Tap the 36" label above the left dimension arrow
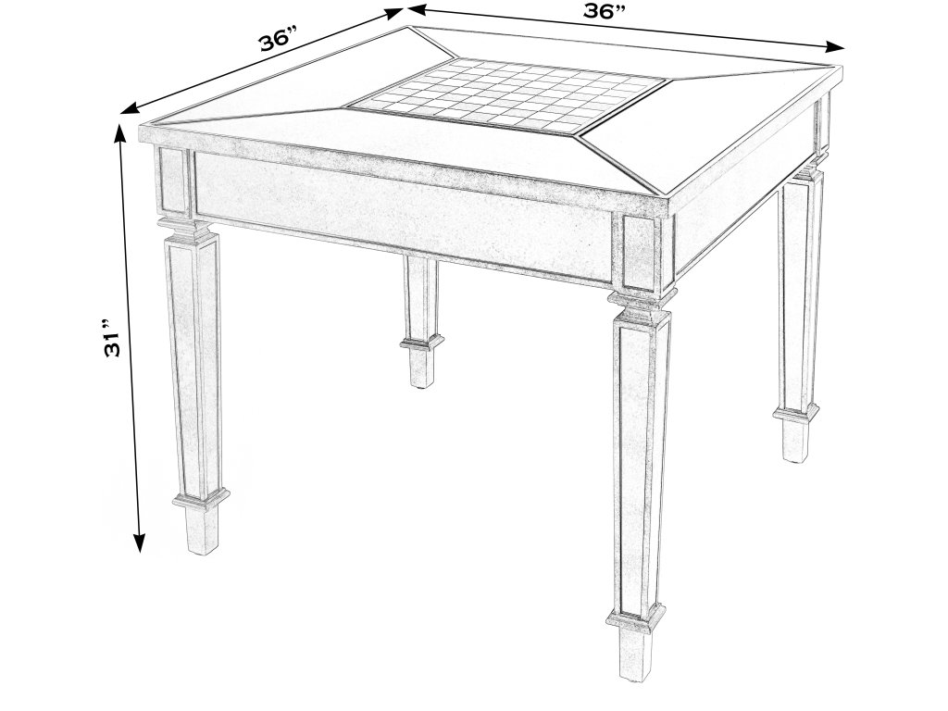[x=278, y=40]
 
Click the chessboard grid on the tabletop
[x=508, y=94]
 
